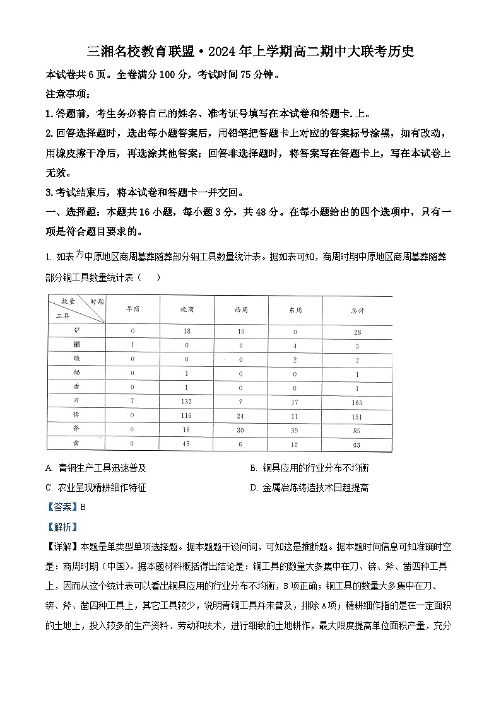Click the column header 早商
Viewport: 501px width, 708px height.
click(x=133, y=310)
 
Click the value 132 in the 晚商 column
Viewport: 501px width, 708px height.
click(x=186, y=402)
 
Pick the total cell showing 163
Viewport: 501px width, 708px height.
click(x=357, y=402)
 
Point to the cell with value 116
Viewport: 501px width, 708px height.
click(x=186, y=416)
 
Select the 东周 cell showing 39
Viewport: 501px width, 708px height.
click(x=295, y=431)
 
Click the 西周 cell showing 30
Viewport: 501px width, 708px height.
click(x=241, y=431)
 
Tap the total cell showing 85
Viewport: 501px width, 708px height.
click(x=357, y=431)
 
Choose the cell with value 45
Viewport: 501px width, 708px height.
click(x=186, y=445)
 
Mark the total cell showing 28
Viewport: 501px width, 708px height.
click(x=357, y=332)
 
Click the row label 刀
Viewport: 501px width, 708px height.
click(x=76, y=401)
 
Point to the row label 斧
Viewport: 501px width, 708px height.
click(x=76, y=430)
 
